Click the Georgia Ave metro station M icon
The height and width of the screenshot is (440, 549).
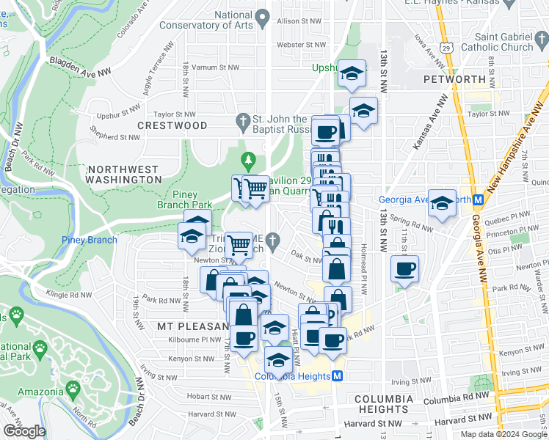click(x=478, y=199)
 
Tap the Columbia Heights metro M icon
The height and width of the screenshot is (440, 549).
click(x=338, y=376)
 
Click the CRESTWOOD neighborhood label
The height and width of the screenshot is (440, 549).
click(x=173, y=125)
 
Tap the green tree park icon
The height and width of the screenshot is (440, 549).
click(x=249, y=159)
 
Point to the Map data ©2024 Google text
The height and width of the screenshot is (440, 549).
click(x=503, y=434)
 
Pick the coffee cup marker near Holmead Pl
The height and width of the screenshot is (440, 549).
click(x=404, y=268)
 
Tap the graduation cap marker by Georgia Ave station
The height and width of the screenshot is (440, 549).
click(x=442, y=203)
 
